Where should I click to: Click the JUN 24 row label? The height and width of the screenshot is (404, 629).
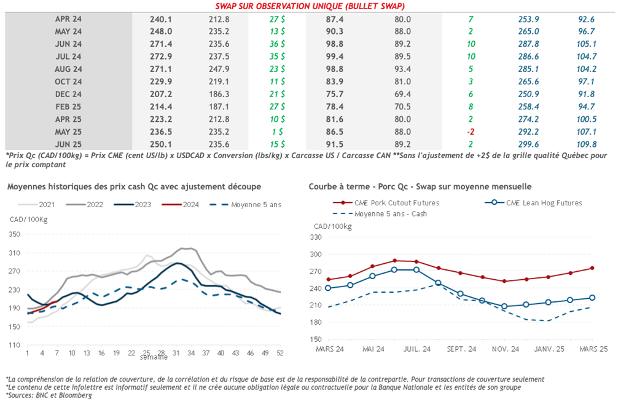(x=68, y=44)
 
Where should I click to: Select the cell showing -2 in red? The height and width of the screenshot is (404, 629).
(x=470, y=132)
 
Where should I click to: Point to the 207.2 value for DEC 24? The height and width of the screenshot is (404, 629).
(x=160, y=94)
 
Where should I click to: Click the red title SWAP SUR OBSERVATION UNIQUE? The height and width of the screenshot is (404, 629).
(x=310, y=6)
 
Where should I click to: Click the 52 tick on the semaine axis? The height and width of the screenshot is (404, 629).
(x=280, y=353)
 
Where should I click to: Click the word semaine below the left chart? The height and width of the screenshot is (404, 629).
(x=150, y=357)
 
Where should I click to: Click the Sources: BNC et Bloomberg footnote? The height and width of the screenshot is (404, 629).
(x=49, y=395)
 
